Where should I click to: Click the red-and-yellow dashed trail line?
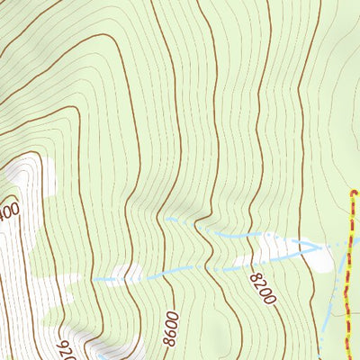tap(349, 270)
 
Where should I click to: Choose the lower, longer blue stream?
tap(180, 270)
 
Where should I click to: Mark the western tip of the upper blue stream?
tap(166, 219)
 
